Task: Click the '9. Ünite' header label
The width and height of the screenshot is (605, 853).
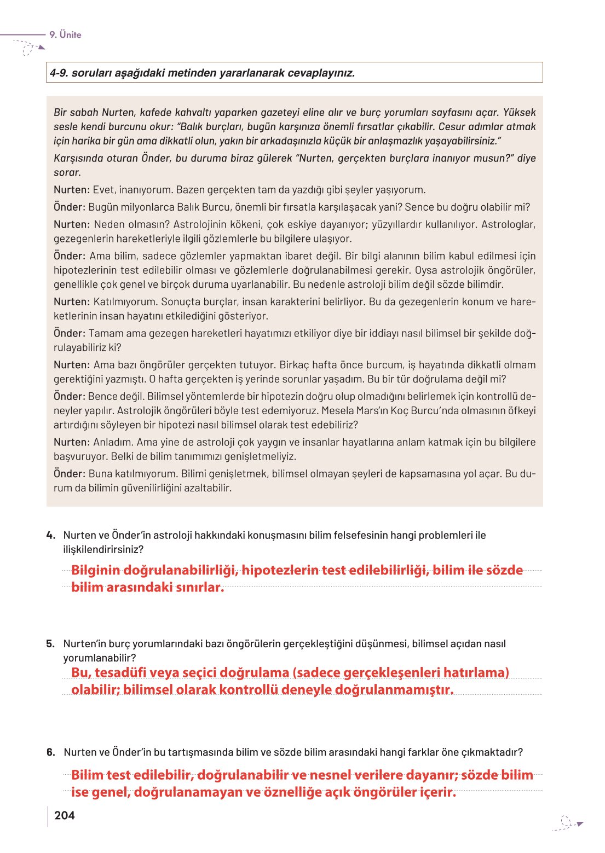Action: point(65,34)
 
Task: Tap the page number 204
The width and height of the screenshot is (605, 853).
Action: point(65,815)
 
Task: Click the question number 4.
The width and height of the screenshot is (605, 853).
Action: point(51,535)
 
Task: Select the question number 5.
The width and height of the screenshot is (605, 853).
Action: point(51,643)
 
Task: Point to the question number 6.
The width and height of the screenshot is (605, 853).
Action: point(51,752)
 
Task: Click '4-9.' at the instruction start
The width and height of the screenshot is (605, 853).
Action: point(59,73)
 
